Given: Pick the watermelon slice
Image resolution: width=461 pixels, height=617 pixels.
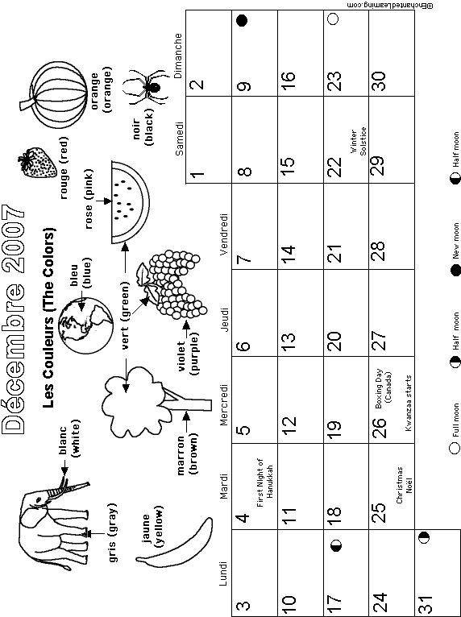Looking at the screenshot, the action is tap(130, 202).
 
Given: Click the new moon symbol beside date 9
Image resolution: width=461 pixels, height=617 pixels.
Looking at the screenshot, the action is tap(242, 20).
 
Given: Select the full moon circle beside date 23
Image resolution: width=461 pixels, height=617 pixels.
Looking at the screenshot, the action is tap(333, 19).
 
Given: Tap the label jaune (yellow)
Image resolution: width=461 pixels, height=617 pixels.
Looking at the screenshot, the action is tap(152, 526).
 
